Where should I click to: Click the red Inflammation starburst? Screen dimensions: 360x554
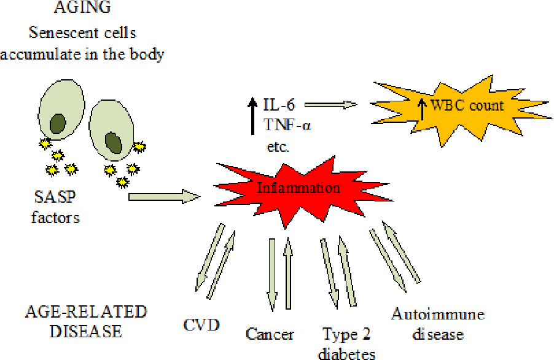tap(290, 187)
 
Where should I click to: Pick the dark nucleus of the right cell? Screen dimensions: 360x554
tap(114, 143)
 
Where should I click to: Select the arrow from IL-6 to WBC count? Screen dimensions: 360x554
tap(330, 104)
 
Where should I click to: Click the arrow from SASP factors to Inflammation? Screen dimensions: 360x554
tap(165, 197)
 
